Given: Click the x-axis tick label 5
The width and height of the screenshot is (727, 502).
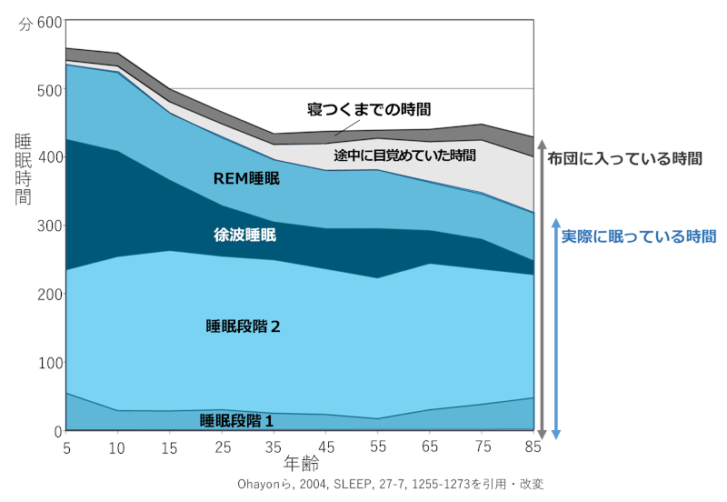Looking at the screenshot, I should click(x=66, y=447).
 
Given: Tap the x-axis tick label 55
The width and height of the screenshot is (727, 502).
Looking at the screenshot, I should click(x=379, y=447).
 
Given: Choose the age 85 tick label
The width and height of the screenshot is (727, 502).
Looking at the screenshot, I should click(x=534, y=447).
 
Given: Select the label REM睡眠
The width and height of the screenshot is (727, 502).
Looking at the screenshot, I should click(x=246, y=178).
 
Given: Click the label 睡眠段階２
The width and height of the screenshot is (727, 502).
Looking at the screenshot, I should click(x=244, y=326).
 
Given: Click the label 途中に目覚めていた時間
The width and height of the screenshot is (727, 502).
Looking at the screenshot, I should click(x=404, y=156).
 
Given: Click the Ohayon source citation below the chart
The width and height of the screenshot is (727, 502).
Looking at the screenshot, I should click(x=389, y=484).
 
